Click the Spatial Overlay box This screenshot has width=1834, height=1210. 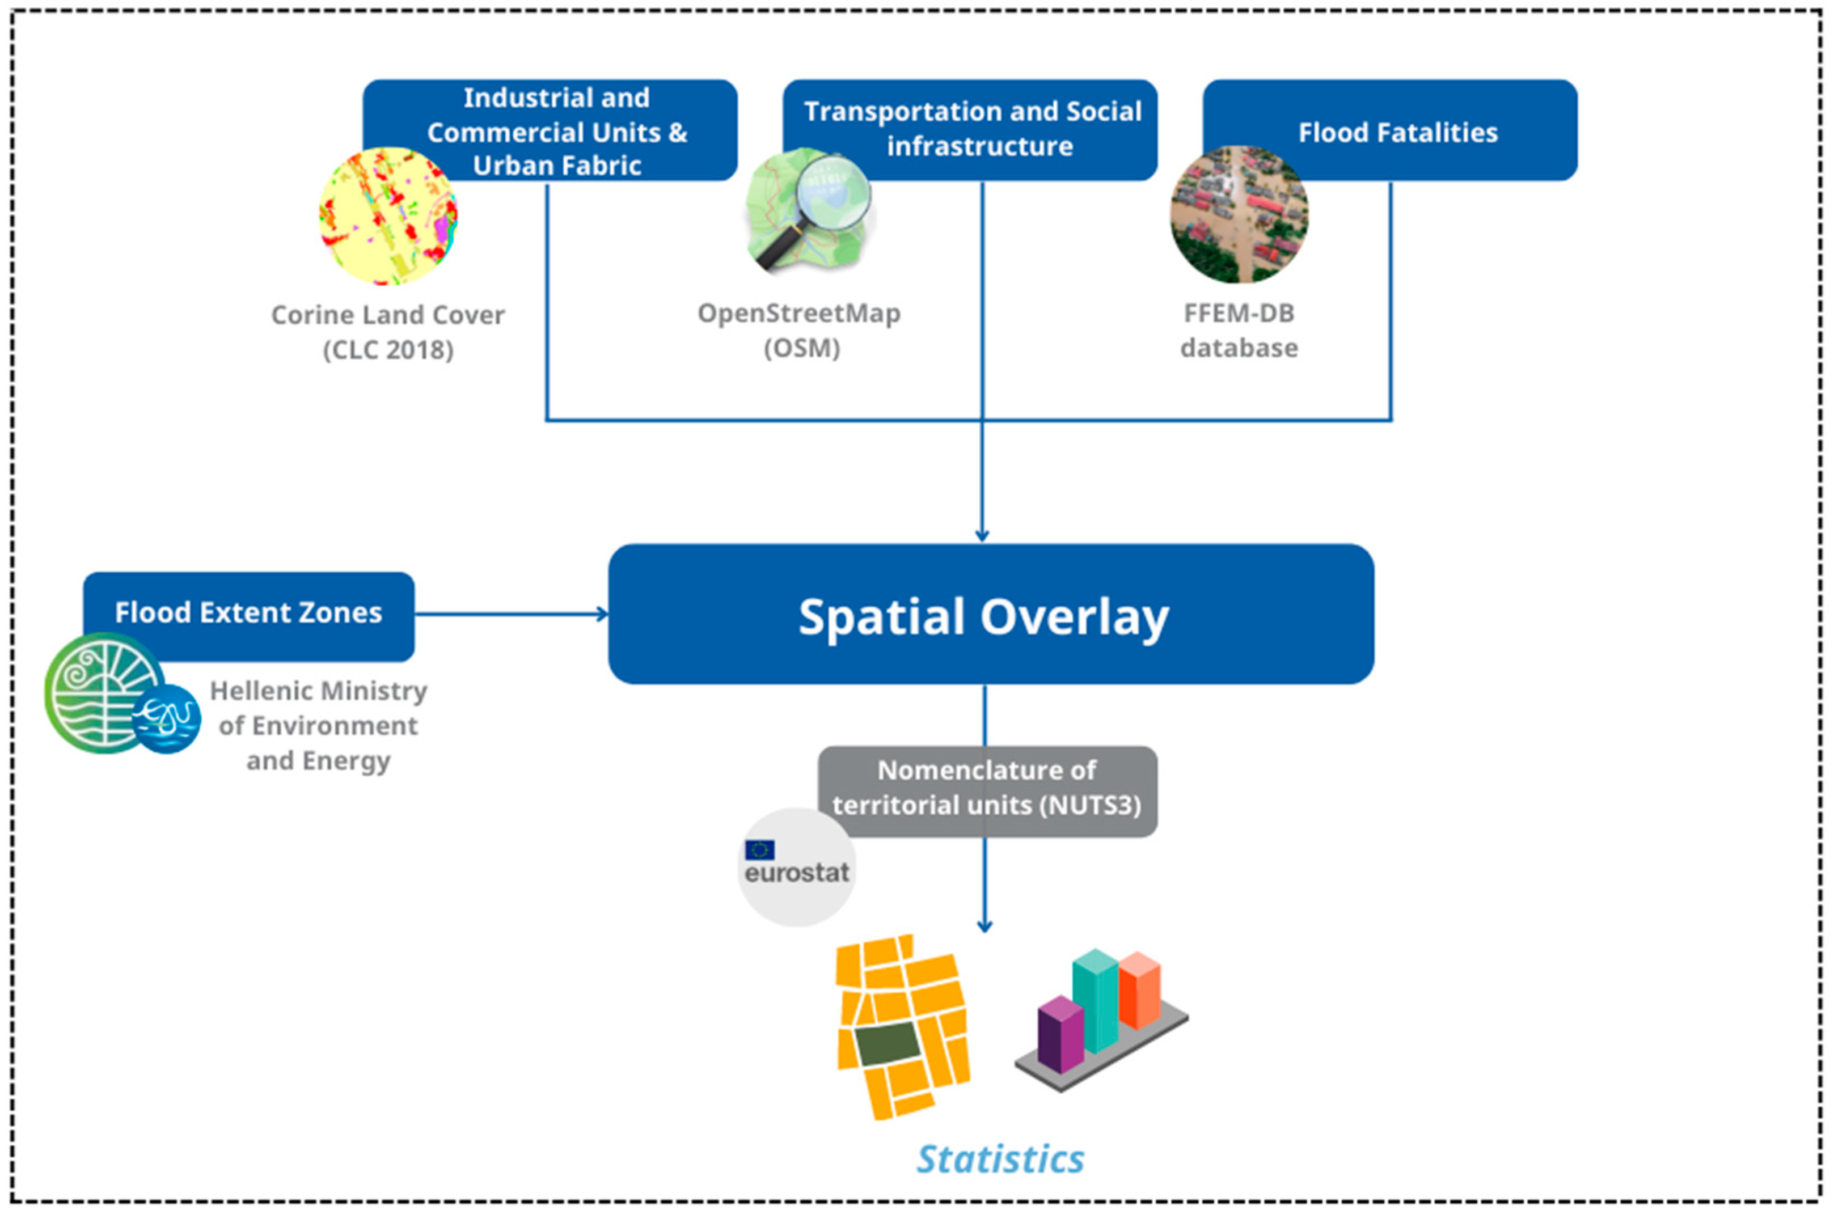point(990,614)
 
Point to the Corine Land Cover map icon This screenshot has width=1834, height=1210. point(388,216)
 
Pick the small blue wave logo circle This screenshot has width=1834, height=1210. point(167,718)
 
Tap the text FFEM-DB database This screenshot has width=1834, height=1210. point(1239,330)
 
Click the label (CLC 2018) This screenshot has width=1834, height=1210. point(388,350)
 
